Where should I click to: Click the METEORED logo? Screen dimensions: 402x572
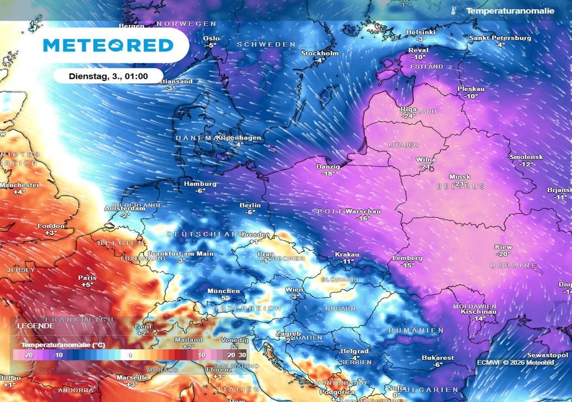(x=108, y=45)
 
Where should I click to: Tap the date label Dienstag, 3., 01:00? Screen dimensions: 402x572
(x=108, y=75)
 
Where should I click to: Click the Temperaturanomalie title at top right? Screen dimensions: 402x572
(x=510, y=11)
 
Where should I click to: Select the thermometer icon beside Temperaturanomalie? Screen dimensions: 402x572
(x=454, y=11)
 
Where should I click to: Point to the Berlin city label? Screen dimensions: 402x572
(x=250, y=205)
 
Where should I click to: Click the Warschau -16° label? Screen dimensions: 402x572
(x=364, y=215)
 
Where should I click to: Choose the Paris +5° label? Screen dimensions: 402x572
(x=87, y=281)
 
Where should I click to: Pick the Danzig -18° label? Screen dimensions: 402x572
(x=328, y=170)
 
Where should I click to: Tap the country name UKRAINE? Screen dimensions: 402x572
(x=513, y=266)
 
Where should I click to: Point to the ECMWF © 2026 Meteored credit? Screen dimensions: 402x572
(x=515, y=362)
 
